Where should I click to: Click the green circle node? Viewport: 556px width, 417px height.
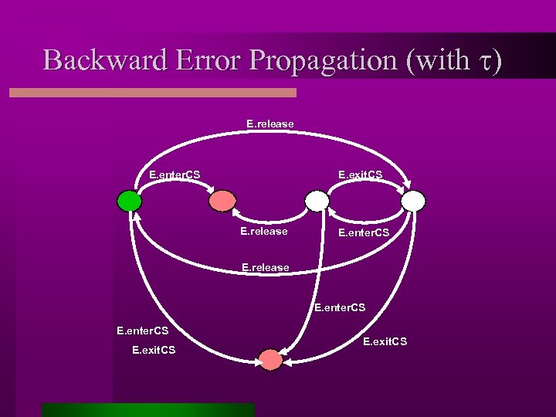click(x=130, y=201)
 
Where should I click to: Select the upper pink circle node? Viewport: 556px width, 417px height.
click(x=222, y=201)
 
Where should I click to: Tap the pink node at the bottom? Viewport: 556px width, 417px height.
click(x=270, y=359)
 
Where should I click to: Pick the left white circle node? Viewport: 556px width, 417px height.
click(x=317, y=201)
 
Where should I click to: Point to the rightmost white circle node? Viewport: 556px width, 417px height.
click(x=414, y=201)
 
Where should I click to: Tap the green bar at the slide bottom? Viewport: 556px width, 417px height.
click(x=148, y=409)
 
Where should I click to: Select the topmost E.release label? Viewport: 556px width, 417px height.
click(x=270, y=123)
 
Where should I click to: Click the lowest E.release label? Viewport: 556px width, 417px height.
click(x=265, y=267)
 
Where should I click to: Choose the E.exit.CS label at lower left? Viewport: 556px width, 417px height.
click(x=154, y=350)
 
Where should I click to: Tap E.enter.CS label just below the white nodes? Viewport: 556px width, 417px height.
click(x=363, y=231)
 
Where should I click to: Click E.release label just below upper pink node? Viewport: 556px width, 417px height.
click(x=263, y=231)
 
